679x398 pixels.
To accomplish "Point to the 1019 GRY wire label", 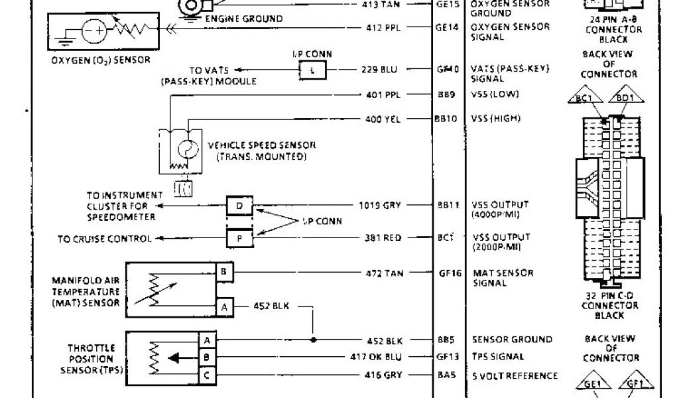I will point(381,205).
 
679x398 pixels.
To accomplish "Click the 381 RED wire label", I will point(384,237).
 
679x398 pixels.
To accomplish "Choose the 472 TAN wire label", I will point(384,273).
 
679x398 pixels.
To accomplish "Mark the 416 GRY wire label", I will point(384,375).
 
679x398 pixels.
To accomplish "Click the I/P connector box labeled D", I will point(239,206).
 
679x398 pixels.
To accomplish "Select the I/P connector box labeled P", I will point(239,237).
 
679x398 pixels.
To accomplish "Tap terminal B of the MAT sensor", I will point(223,273).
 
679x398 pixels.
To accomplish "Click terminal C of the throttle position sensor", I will point(207,375).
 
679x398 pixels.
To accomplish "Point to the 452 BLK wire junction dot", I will point(314,340).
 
